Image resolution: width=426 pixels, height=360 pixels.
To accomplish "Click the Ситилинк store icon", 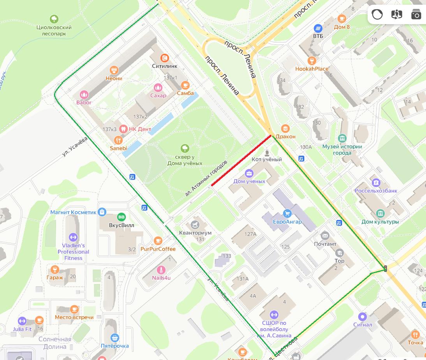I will click(165, 58).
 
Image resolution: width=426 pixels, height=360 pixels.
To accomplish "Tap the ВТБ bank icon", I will click(318, 28).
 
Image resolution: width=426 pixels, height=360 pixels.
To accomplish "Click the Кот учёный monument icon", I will click(267, 152).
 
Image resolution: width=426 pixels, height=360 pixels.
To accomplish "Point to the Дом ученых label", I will click(249, 181).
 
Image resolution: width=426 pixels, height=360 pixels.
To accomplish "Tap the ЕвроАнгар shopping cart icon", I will click(287, 214).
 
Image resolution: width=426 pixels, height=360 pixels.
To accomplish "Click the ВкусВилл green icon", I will click(121, 217).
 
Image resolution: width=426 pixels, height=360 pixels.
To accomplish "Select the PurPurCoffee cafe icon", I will click(158, 241).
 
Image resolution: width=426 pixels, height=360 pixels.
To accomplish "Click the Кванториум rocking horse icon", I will click(195, 225).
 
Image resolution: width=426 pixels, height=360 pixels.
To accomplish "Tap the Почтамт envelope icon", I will click(325, 235).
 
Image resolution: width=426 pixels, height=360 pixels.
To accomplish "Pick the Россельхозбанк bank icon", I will click(376, 182).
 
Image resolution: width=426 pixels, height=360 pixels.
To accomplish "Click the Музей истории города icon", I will click(342, 138).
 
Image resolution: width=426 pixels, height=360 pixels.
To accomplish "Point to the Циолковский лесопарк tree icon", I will click(54, 19).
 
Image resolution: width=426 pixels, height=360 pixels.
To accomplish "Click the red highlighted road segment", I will click(241, 161).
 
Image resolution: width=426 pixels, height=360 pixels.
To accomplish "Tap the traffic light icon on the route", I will click(386, 268).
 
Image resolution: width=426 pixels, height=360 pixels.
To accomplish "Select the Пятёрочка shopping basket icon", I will click(114, 337).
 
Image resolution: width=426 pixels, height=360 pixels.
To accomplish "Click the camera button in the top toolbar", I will click(416, 14).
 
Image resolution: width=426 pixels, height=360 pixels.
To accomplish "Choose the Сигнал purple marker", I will click(363, 316).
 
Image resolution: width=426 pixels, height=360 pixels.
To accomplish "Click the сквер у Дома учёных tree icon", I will click(185, 148).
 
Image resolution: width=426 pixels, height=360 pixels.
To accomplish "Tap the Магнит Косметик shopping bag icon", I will click(102, 212).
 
